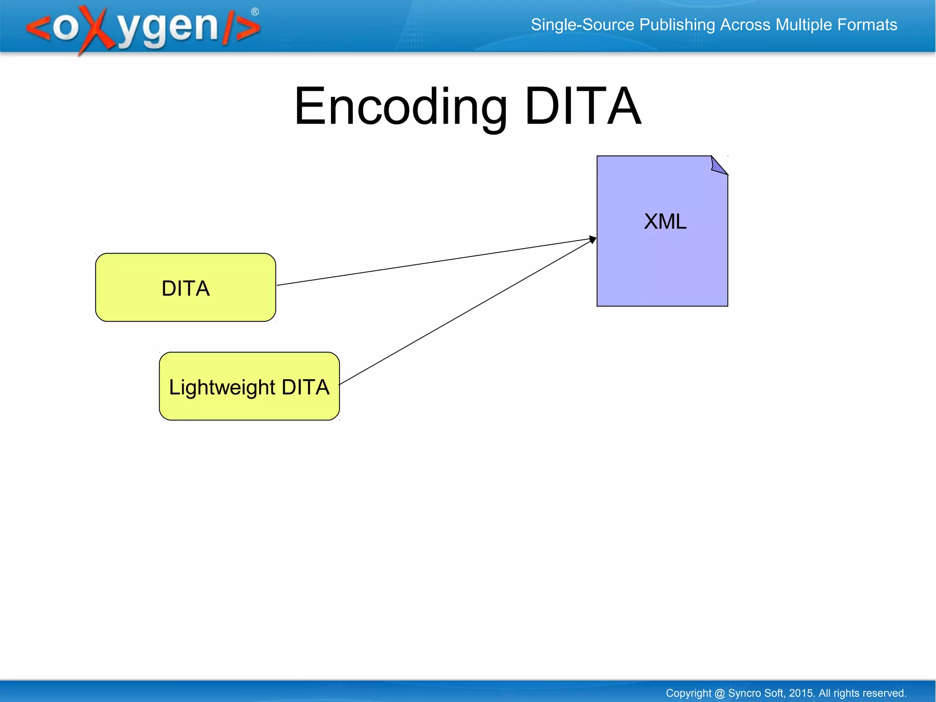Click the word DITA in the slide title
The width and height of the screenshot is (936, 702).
click(x=583, y=107)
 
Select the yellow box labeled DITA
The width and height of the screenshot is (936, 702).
click(x=185, y=288)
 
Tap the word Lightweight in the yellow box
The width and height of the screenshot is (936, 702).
click(x=222, y=387)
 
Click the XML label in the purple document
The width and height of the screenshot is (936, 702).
click(x=665, y=222)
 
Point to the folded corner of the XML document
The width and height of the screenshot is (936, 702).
click(x=718, y=166)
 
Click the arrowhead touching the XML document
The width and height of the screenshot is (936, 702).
click(x=593, y=239)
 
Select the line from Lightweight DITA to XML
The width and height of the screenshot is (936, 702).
click(x=466, y=312)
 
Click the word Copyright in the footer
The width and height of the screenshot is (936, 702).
click(x=688, y=693)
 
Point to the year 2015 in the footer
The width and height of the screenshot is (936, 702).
click(x=801, y=693)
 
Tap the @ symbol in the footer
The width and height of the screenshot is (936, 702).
click(x=719, y=693)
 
